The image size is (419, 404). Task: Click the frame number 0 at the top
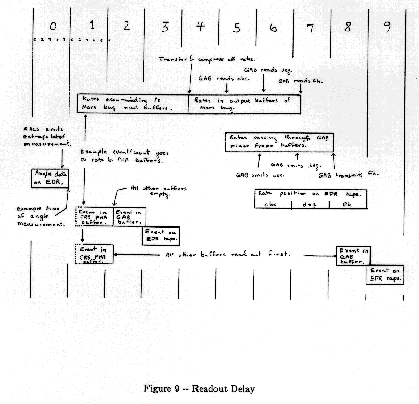click(x=53, y=26)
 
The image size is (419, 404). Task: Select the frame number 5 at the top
click(x=236, y=28)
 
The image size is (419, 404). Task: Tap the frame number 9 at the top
click(x=387, y=27)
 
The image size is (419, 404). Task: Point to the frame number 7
click(x=310, y=28)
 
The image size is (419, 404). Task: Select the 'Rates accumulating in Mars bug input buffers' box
click(x=133, y=104)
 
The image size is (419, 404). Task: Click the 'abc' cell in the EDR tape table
click(x=273, y=204)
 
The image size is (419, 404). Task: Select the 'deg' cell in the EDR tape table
click(x=310, y=204)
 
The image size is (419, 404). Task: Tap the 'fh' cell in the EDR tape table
click(x=348, y=204)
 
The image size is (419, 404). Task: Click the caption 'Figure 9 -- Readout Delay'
click(x=199, y=389)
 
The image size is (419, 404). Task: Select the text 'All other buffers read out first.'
click(x=228, y=254)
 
